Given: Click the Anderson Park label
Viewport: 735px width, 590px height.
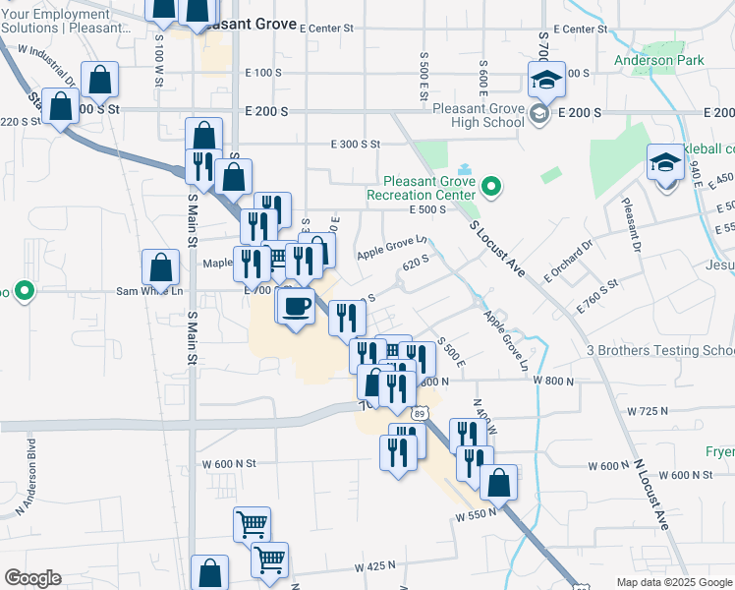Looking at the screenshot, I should [x=659, y=60].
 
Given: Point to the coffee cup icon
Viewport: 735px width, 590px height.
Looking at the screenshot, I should [x=296, y=308].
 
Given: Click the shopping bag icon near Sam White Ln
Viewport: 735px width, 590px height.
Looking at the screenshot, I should [x=160, y=267].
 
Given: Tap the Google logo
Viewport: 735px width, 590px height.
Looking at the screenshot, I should [x=32, y=578].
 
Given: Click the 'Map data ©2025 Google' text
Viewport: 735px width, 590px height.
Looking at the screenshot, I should [x=673, y=582].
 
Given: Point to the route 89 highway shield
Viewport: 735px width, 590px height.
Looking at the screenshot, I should [x=420, y=414].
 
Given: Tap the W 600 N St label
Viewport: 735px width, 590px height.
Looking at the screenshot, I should [x=229, y=463].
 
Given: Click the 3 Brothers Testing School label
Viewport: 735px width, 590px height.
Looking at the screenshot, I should [x=659, y=350].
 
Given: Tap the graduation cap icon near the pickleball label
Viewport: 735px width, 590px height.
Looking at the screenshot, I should [x=665, y=162].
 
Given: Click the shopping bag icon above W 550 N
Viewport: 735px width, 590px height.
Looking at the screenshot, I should [x=499, y=483].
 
